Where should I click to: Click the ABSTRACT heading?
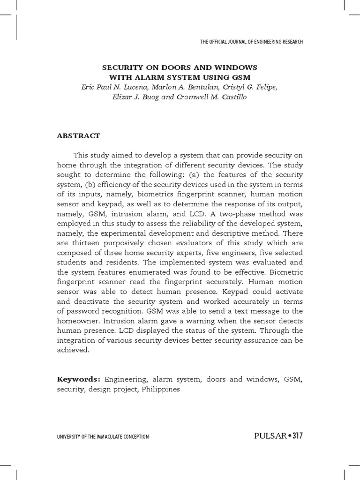point(78,136)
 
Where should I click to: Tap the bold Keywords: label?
point(79,379)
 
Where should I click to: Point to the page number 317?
point(297,436)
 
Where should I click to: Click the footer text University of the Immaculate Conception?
point(103,437)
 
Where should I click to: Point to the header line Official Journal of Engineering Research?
point(251,42)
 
